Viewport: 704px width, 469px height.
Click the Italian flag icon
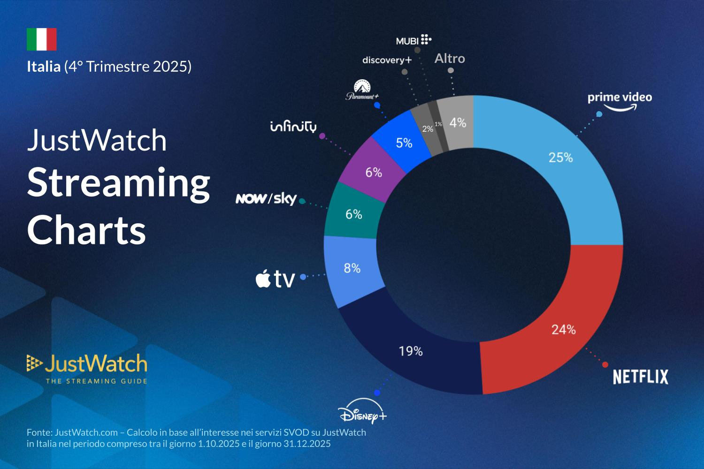click(41, 39)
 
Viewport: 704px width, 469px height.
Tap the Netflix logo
click(640, 377)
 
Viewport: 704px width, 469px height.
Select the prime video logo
click(620, 100)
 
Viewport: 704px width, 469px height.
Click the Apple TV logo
click(275, 279)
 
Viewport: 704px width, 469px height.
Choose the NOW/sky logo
click(266, 199)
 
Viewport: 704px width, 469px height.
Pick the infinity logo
click(293, 127)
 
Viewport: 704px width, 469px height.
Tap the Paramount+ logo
click(362, 91)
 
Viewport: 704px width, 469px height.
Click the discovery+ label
click(387, 61)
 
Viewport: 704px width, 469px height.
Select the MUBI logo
click(413, 40)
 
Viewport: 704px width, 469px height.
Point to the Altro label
click(450, 59)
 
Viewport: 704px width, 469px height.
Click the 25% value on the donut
click(561, 158)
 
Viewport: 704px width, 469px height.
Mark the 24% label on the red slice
click(563, 330)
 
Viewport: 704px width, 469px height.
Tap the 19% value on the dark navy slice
click(411, 351)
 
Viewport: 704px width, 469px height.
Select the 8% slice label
click(352, 268)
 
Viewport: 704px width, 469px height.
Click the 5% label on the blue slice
click(404, 143)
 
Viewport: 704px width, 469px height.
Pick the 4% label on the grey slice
click(458, 123)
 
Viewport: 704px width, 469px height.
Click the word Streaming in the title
click(118, 183)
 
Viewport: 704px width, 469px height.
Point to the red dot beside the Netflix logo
click(605, 364)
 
